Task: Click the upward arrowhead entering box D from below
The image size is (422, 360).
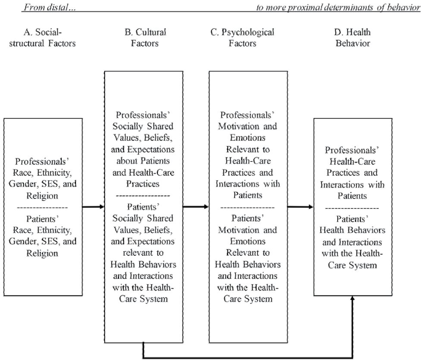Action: [353, 299]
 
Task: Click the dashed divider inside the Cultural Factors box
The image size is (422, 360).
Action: [144, 196]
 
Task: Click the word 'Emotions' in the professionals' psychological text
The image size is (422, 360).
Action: [248, 139]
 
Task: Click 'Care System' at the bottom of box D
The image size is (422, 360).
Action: [353, 265]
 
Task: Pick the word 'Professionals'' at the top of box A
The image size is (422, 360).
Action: [42, 162]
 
